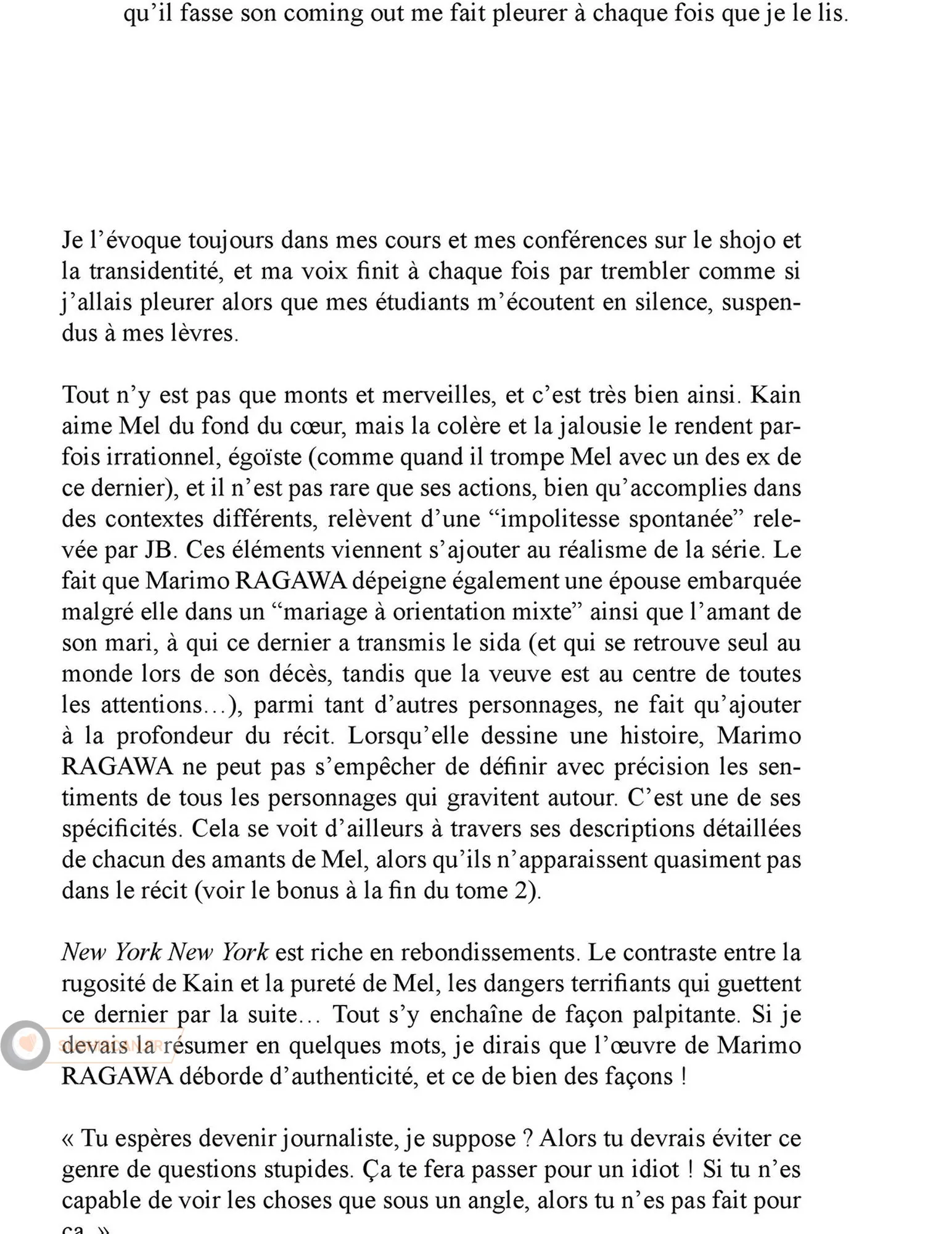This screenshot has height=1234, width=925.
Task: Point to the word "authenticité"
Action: coord(354,1077)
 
